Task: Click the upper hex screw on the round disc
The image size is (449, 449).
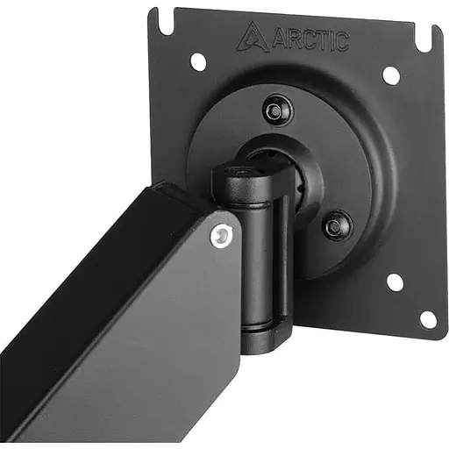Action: [278, 110]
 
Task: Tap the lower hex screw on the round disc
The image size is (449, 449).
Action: [337, 225]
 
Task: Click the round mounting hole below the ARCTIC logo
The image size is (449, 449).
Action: [198, 61]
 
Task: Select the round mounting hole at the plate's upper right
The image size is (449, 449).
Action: [391, 75]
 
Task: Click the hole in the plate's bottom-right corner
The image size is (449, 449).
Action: [428, 318]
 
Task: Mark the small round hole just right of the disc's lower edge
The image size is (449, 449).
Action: [395, 282]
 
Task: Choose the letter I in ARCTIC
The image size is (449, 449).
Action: [331, 40]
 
